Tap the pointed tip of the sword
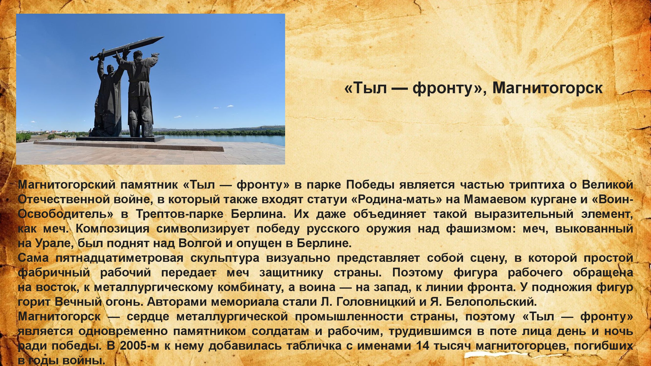165,37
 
